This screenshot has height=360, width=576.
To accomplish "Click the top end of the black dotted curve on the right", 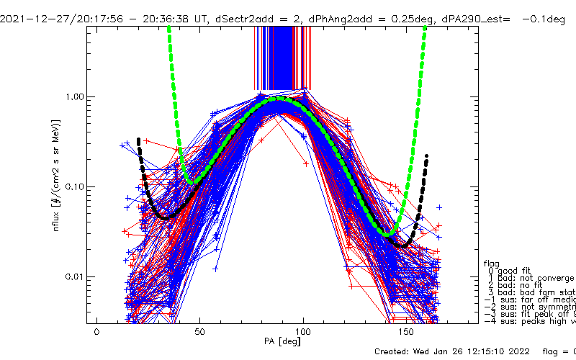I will pyautogui.click(x=427, y=156).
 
